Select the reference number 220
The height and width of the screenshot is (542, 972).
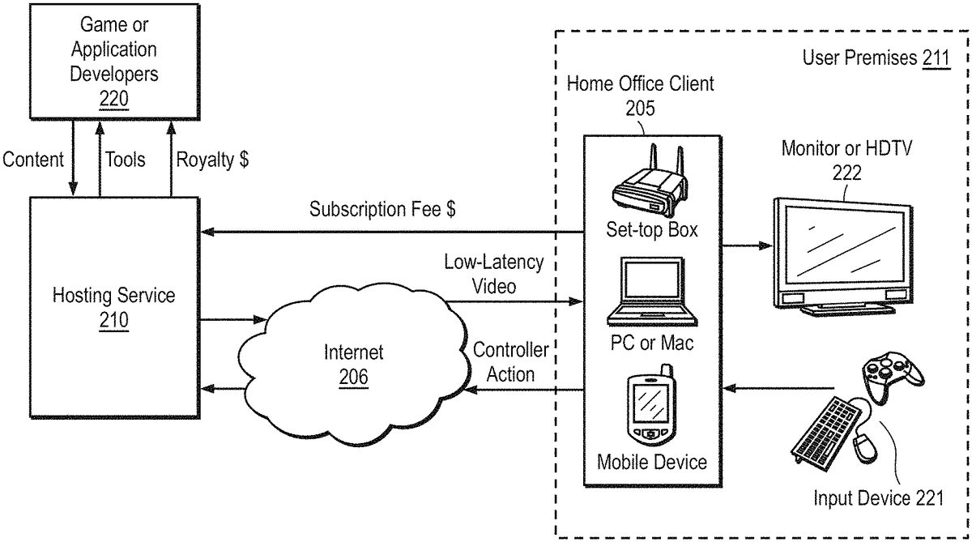pyautogui.click(x=113, y=98)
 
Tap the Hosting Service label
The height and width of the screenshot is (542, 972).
pyautogui.click(x=113, y=295)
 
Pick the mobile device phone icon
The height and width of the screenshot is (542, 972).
pyautogui.click(x=650, y=408)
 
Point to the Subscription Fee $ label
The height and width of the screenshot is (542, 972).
pyautogui.click(x=382, y=209)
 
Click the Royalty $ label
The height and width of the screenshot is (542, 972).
pyautogui.click(x=212, y=159)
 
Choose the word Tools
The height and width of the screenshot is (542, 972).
pyautogui.click(x=126, y=159)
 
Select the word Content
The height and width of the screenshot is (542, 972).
pyautogui.click(x=33, y=159)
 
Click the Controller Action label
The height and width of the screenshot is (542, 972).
pyautogui.click(x=510, y=362)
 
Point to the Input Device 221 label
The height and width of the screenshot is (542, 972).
pyautogui.click(x=879, y=497)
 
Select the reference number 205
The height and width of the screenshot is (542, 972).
pyautogui.click(x=640, y=108)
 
